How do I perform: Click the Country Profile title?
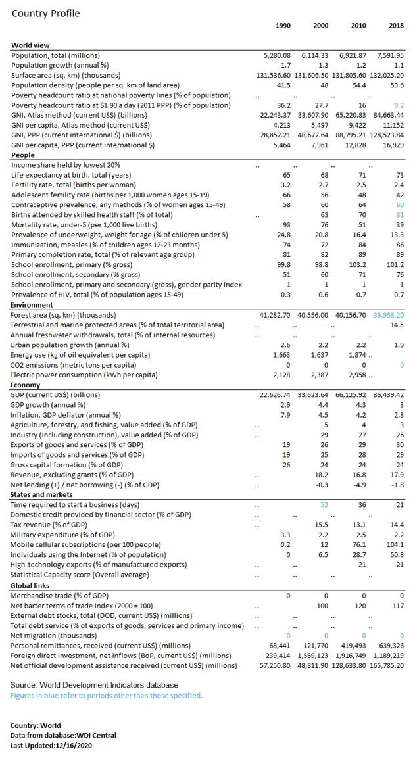[45, 13]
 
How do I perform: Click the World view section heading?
[30, 45]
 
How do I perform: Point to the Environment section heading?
[31, 306]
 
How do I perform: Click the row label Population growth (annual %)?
[60, 66]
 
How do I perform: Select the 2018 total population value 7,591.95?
[390, 56]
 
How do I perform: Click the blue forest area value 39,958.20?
[388, 316]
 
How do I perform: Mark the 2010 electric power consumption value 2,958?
[356, 375]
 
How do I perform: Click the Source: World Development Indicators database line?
[93, 685]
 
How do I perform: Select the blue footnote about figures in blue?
[106, 695]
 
